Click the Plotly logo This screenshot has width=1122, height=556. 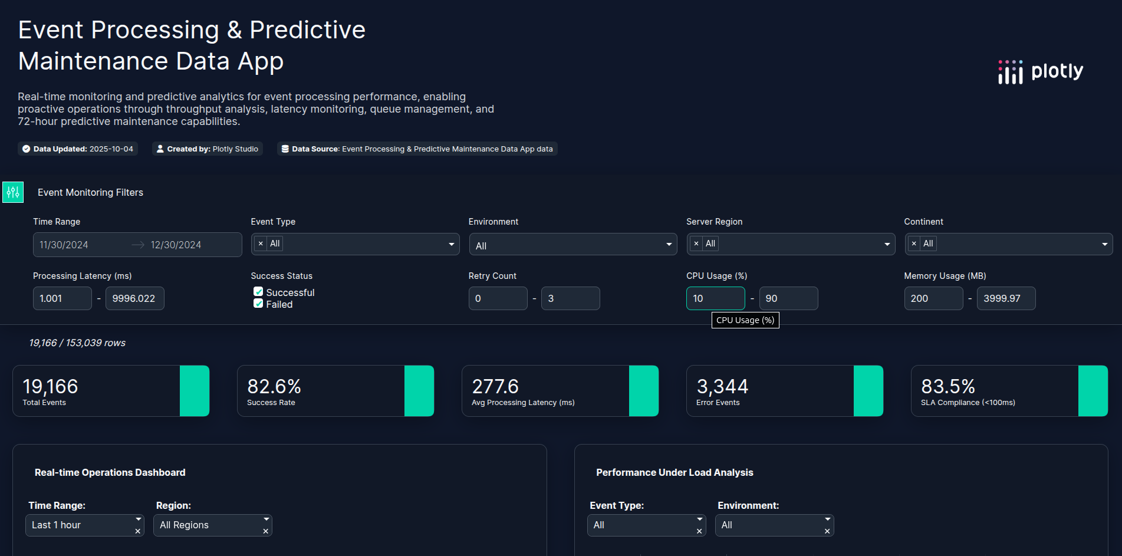1041,72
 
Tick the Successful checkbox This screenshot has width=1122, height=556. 258,292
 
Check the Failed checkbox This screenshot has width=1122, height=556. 258,304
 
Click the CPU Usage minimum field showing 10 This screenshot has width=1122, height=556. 715,298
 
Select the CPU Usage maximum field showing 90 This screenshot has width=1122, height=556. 788,298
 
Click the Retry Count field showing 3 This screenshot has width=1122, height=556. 570,298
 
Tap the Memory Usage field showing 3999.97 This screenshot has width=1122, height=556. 1006,298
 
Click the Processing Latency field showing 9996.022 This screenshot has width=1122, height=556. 134,298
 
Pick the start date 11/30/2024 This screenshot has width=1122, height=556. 64,245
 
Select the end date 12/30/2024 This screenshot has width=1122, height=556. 176,245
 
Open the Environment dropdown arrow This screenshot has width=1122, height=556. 669,245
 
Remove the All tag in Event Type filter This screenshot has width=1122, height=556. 261,244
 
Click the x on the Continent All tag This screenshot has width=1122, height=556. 914,244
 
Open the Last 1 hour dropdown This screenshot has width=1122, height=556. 84,525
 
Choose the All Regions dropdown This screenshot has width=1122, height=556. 212,525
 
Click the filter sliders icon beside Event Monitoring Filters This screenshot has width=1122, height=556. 13,192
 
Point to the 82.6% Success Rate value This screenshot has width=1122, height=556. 274,387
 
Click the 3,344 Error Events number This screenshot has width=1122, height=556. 722,387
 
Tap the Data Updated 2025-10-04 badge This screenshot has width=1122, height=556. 78,149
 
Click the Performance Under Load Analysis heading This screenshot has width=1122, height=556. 674,472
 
